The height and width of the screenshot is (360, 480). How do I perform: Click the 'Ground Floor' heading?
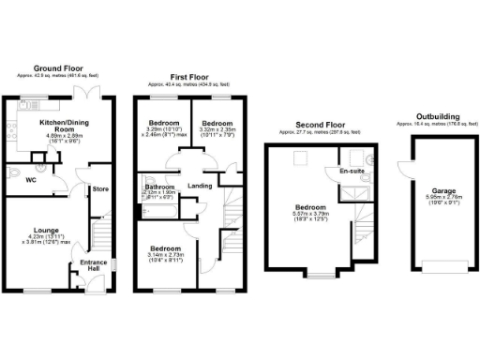pyautogui.click(x=57, y=68)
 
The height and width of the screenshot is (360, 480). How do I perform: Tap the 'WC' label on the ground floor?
pyautogui.click(x=31, y=178)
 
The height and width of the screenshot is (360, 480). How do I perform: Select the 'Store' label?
pyautogui.click(x=100, y=189)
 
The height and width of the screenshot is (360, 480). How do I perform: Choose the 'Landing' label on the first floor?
pyautogui.click(x=198, y=186)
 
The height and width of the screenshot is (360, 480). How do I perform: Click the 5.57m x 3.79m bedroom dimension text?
pyautogui.click(x=310, y=215)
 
